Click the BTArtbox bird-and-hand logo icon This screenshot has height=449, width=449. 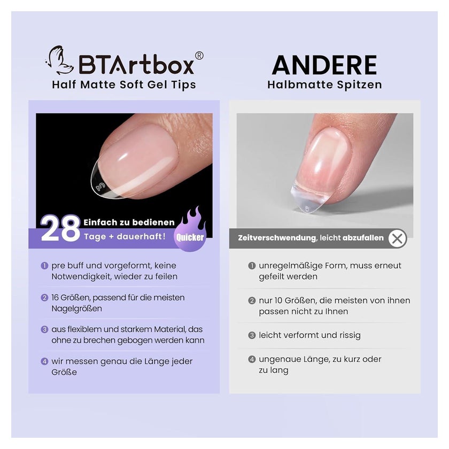click(x=58, y=60)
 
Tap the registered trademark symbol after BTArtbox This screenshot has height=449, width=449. click(x=199, y=56)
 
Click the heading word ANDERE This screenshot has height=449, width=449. click(x=324, y=65)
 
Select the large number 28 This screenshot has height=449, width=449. click(x=60, y=228)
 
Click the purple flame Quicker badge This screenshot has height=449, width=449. click(x=190, y=230)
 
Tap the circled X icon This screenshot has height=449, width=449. click(x=398, y=238)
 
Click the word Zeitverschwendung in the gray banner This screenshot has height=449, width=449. click(x=277, y=238)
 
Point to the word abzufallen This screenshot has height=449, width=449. click(x=363, y=238)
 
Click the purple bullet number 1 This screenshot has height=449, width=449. click(x=44, y=266)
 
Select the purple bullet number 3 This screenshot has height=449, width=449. click(x=44, y=329)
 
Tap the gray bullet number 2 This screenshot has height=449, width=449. click(x=252, y=300)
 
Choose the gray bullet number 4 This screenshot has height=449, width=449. click(x=252, y=359)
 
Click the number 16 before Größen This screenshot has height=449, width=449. click(x=55, y=298)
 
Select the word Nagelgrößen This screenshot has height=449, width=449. click(x=77, y=309)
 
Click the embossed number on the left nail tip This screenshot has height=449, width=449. click(x=101, y=187)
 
